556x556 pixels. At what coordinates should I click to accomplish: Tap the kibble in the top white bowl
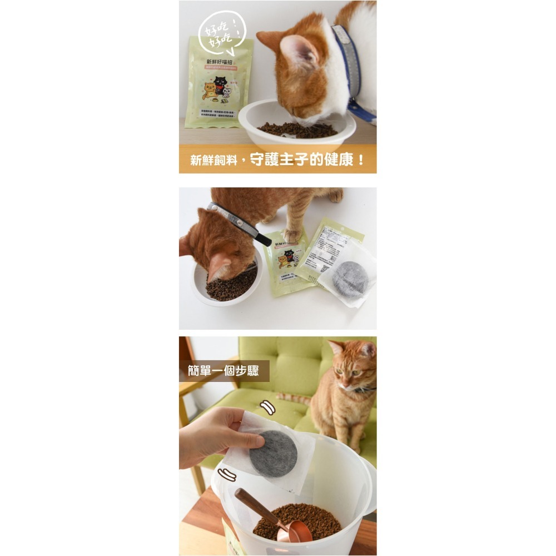297,130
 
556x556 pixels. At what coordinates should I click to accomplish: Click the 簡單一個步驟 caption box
224,371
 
